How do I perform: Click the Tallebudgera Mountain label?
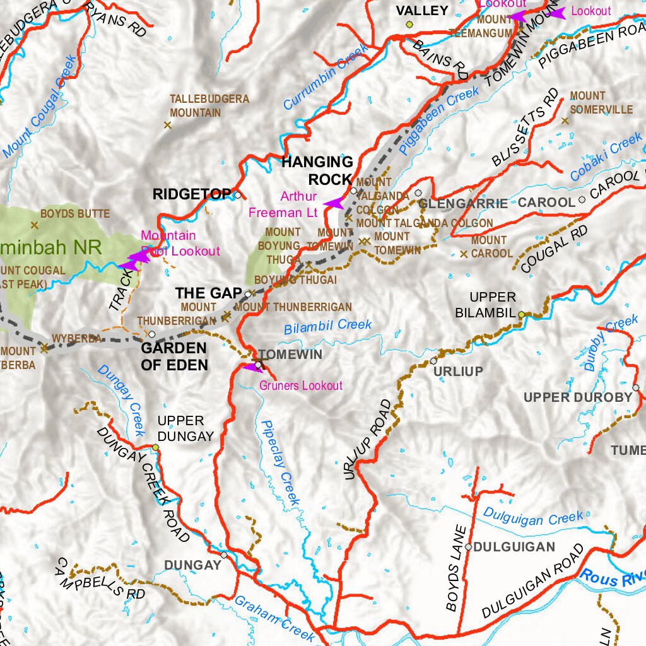(209, 106)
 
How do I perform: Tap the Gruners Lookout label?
(302, 385)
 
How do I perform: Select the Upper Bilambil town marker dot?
(521, 314)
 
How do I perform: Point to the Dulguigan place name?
(514, 547)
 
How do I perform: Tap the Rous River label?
(613, 577)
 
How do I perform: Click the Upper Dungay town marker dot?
(155, 447)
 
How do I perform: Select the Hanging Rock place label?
(317, 170)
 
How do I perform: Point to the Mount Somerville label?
(601, 103)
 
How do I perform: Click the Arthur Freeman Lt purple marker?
(332, 203)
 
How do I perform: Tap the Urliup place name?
(458, 372)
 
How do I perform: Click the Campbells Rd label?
(101, 578)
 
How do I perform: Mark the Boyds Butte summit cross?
(34, 225)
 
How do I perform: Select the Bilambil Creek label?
(327, 326)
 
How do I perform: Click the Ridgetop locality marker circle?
(237, 195)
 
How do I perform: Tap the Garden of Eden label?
(173, 356)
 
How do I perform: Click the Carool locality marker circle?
(581, 199)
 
